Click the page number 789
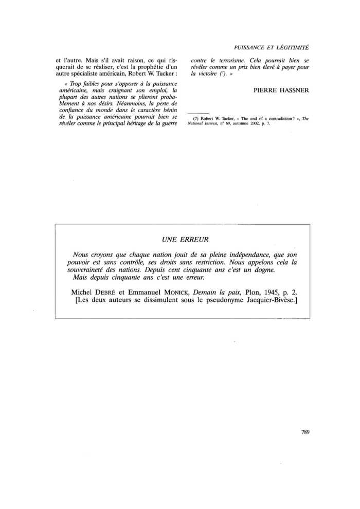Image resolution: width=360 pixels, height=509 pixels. point(304,432)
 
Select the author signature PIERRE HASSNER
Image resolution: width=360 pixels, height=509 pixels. point(281,90)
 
